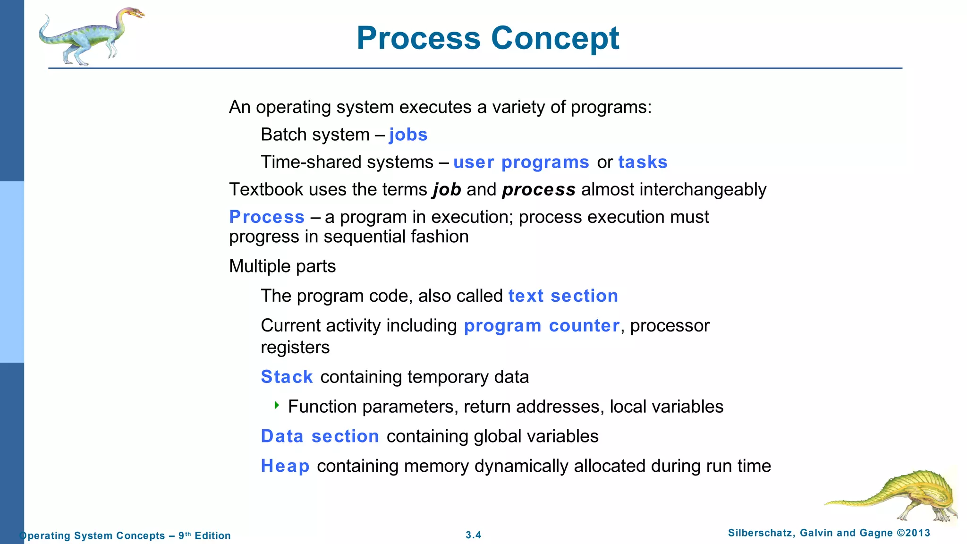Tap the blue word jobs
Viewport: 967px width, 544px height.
[408, 135]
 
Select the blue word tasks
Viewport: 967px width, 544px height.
[643, 162]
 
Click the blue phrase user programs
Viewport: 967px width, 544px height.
[521, 162]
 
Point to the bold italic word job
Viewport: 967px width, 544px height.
[447, 190]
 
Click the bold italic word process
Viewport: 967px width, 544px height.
[539, 190]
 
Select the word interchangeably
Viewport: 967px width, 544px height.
[703, 189]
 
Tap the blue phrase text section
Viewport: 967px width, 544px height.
[563, 296]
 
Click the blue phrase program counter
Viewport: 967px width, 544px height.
[542, 326]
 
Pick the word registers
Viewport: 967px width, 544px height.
[295, 348]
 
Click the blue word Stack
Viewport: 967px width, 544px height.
[287, 377]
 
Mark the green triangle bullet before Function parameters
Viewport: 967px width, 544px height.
[277, 405]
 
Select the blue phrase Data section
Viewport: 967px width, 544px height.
[320, 436]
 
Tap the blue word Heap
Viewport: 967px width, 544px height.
[285, 466]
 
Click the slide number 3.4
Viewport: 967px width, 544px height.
[473, 535]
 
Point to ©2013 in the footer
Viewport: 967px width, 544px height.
[913, 533]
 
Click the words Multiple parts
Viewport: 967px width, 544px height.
[282, 266]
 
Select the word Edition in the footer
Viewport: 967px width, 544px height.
[212, 535]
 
